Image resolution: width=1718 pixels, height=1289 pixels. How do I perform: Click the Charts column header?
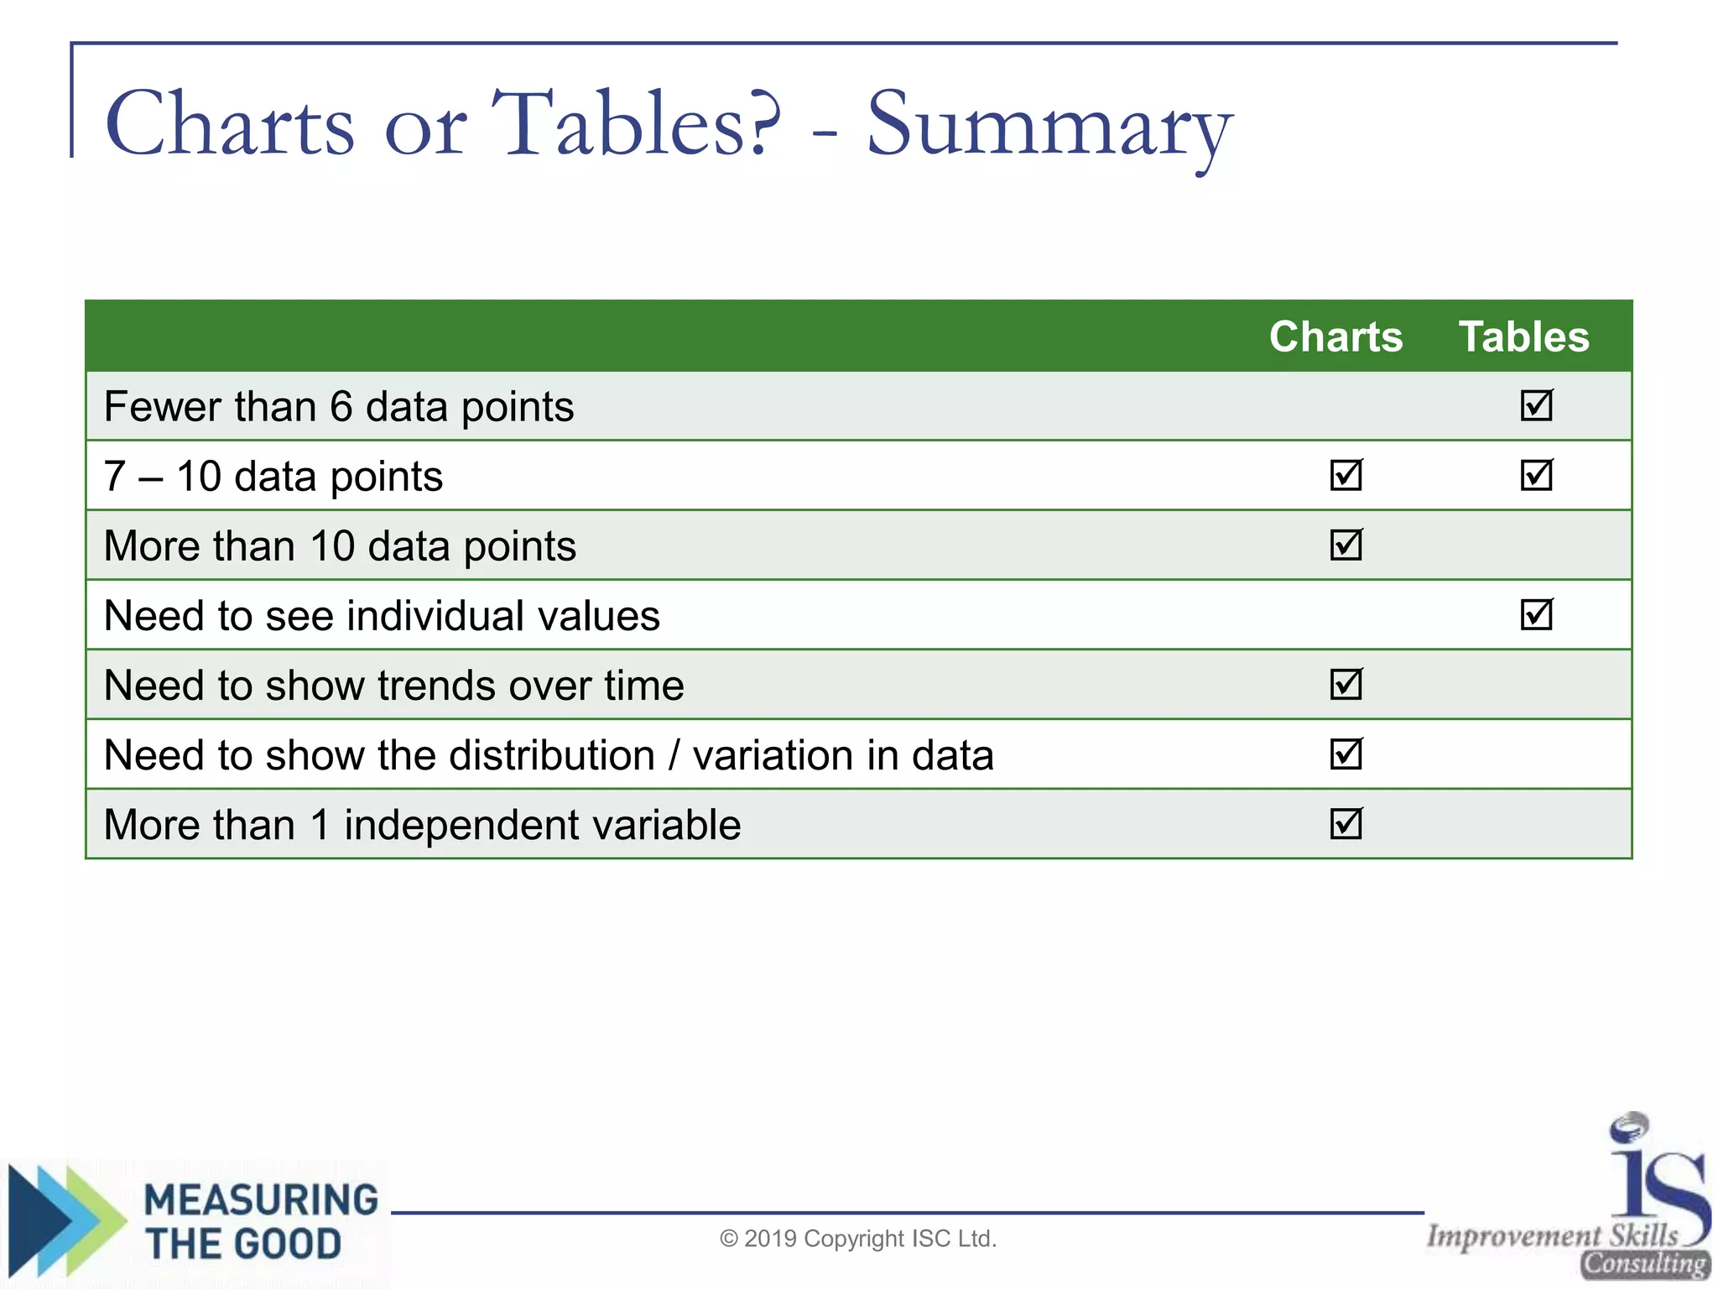[x=1335, y=337]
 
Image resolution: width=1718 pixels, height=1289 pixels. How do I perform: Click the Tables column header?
[x=1523, y=337]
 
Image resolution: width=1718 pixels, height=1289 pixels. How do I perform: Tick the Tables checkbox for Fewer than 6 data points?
[x=1536, y=405]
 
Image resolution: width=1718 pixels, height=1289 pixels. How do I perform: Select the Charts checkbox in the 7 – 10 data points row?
[x=1346, y=475]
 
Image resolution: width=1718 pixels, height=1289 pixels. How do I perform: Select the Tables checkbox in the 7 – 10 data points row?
[x=1536, y=475]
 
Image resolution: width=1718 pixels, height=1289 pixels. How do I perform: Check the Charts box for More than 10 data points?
[x=1346, y=545]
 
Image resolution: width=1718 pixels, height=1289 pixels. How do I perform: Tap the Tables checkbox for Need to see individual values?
[x=1536, y=614]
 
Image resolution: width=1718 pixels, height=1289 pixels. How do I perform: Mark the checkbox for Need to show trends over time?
[x=1346, y=684]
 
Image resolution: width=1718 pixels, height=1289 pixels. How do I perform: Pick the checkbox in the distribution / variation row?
[x=1346, y=754]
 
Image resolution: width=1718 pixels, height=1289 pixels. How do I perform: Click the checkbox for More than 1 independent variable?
[x=1346, y=823]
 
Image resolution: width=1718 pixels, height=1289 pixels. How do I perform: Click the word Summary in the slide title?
[x=1049, y=126]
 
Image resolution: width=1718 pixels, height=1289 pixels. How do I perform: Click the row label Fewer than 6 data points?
[x=339, y=407]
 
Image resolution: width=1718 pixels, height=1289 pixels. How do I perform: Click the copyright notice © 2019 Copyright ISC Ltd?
[x=858, y=1239]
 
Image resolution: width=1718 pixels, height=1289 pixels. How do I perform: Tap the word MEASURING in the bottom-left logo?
[x=261, y=1200]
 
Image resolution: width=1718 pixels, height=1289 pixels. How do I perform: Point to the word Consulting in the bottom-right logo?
[x=1644, y=1264]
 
